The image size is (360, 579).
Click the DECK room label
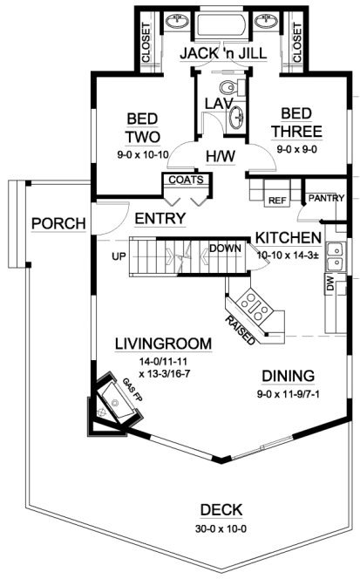[221, 510]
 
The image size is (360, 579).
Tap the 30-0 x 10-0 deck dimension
[221, 527]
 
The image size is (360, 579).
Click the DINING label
[287, 376]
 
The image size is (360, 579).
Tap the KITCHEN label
[288, 237]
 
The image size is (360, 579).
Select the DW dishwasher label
[329, 285]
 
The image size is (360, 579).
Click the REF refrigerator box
[277, 201]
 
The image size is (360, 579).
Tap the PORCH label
[58, 223]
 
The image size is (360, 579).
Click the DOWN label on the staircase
[224, 248]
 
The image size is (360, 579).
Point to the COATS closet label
[186, 181]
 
